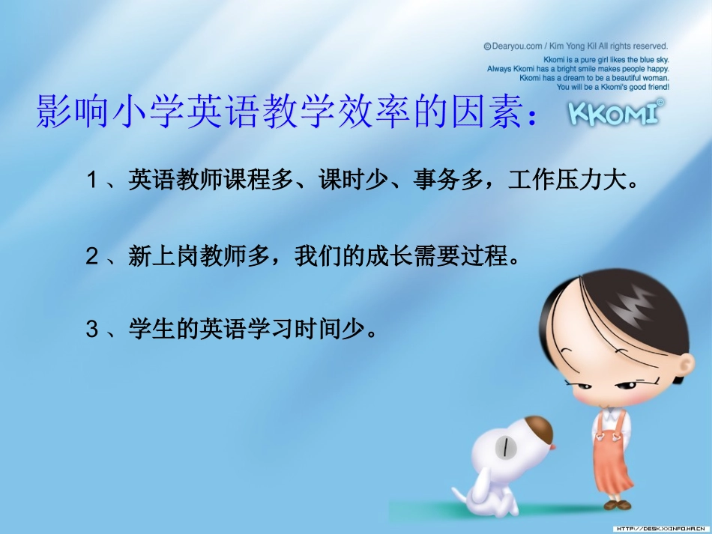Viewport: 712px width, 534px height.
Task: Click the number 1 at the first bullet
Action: click(x=91, y=180)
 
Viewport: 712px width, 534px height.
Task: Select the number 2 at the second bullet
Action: click(x=91, y=257)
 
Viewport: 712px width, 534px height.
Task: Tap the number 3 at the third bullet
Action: click(x=91, y=330)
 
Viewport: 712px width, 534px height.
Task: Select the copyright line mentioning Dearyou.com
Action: click(x=576, y=46)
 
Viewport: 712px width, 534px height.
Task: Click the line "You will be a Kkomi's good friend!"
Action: click(x=613, y=87)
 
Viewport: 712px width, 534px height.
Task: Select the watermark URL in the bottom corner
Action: click(x=660, y=528)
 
